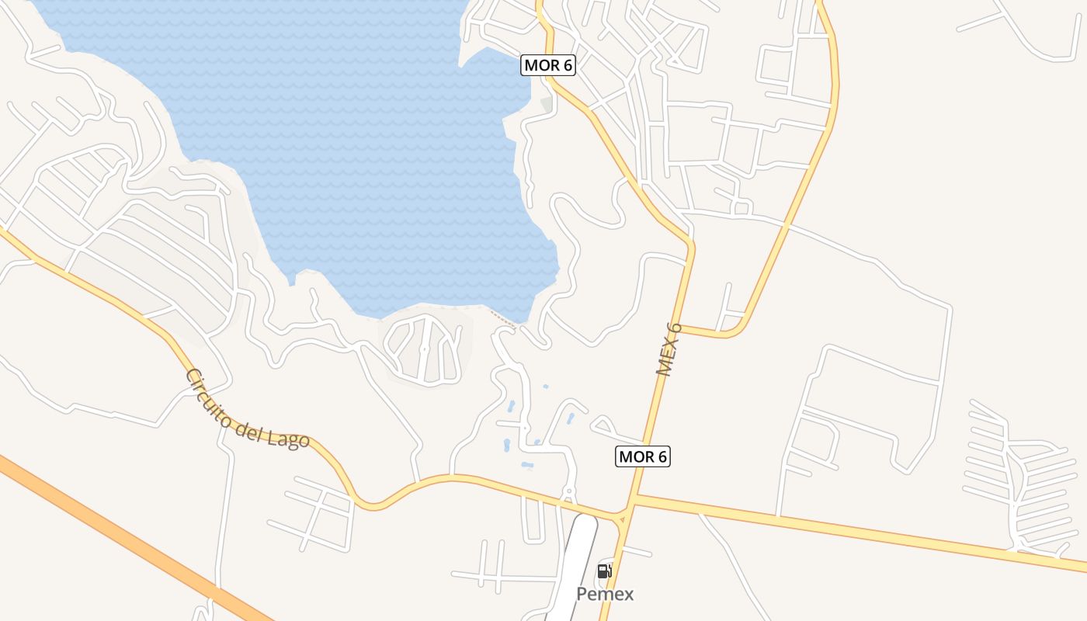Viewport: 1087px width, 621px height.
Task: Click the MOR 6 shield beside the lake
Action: [x=547, y=65]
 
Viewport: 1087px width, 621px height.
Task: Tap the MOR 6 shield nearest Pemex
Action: [x=642, y=456]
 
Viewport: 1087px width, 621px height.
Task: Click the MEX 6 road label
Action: [x=669, y=349]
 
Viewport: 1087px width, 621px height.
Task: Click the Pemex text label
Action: [x=605, y=595]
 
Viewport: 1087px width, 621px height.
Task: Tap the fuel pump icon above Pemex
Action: [x=604, y=572]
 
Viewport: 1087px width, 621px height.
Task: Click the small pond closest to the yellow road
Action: [x=527, y=466]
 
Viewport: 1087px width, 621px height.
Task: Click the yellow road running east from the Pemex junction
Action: [x=854, y=532]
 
